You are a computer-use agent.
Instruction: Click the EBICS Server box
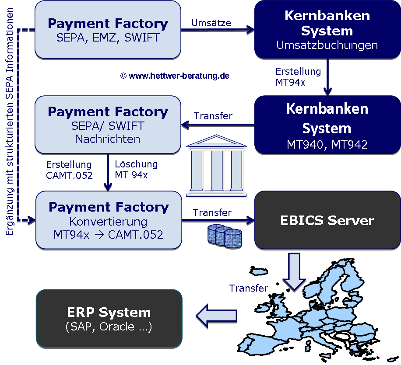pos(327,220)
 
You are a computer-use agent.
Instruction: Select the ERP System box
pos(109,318)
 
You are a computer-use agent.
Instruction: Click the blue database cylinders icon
pos(224,236)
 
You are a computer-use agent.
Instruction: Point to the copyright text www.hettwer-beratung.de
pos(175,76)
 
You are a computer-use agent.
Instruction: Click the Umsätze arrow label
pos(211,23)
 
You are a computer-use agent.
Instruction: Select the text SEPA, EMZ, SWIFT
pos(108,38)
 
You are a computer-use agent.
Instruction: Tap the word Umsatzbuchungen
pos(327,45)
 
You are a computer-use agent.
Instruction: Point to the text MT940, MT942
pos(327,145)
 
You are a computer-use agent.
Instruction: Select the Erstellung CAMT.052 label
pos(69,170)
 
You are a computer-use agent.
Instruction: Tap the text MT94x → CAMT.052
pos(108,235)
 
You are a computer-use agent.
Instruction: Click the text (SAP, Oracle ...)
pos(109,327)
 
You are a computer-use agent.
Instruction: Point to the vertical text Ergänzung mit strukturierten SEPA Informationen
pos(10,122)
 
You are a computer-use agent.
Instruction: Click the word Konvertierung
pos(108,222)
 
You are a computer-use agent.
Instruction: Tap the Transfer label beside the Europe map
pos(248,289)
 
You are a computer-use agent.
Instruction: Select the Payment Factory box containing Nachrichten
pos(108,125)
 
